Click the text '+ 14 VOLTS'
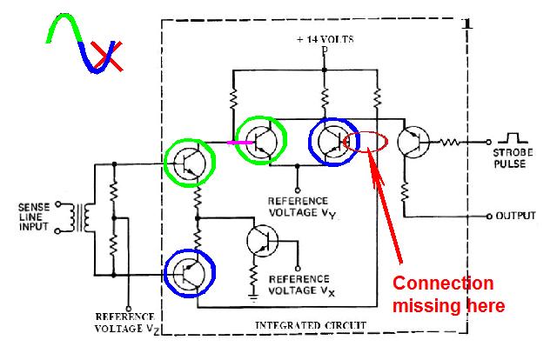point(324,38)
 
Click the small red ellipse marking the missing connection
point(364,143)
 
